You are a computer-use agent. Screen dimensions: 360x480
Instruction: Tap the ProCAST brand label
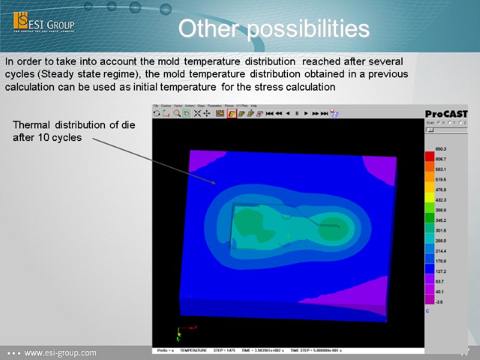pyautogui.click(x=446, y=114)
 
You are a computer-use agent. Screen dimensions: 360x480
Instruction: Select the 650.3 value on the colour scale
pyautogui.click(x=441, y=148)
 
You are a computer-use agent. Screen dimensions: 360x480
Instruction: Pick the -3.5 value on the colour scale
pyautogui.click(x=440, y=301)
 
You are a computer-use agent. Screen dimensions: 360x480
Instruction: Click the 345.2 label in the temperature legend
pyautogui.click(x=441, y=220)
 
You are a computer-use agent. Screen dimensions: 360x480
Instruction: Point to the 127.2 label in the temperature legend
pyautogui.click(x=441, y=271)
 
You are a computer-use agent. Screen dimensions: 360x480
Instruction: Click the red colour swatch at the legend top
pyautogui.click(x=430, y=157)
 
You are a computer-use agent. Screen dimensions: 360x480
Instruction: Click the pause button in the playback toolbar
pyautogui.click(x=296, y=113)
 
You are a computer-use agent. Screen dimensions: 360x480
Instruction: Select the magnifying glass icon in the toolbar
pyautogui.click(x=177, y=113)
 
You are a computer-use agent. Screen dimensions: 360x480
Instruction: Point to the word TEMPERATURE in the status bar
pyautogui.click(x=193, y=350)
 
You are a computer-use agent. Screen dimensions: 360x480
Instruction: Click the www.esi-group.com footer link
pyautogui.click(x=59, y=353)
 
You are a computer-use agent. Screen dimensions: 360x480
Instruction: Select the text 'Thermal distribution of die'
pyautogui.click(x=74, y=125)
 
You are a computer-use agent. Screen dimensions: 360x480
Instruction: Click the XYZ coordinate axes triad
pyautogui.click(x=183, y=332)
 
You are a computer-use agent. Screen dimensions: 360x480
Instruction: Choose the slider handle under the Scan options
pyautogui.click(x=430, y=130)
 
